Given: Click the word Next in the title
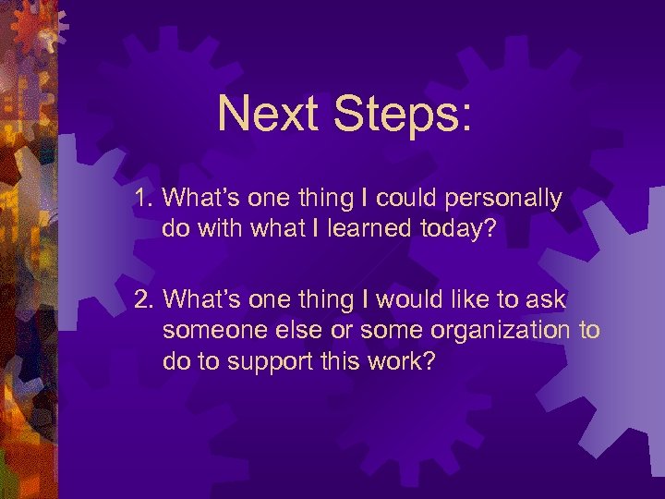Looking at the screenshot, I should (268, 114).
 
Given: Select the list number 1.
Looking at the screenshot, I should (143, 199).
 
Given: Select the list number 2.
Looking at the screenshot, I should (143, 300).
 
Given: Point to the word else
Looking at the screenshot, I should (284, 330).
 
